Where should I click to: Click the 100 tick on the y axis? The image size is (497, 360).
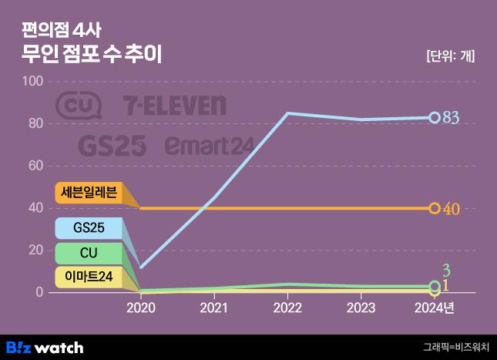[x=33, y=82]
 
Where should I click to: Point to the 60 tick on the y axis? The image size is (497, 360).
[x=35, y=166]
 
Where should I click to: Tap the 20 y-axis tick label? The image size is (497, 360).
[x=35, y=251]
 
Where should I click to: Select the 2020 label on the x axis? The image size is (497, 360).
[x=140, y=308]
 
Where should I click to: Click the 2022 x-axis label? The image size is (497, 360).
[x=287, y=308]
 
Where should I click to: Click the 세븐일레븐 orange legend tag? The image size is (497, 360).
[x=90, y=193]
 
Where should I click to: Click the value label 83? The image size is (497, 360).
[x=451, y=118]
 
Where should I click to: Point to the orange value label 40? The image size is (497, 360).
[x=452, y=209]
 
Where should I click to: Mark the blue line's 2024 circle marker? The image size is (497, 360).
[x=435, y=118]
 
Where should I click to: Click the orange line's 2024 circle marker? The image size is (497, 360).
[x=435, y=208]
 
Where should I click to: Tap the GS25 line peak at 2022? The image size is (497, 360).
[x=287, y=113]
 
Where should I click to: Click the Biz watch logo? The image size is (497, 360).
[x=45, y=347]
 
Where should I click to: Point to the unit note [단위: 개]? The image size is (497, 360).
[x=450, y=56]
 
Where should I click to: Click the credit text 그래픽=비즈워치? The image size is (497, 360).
[x=455, y=347]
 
